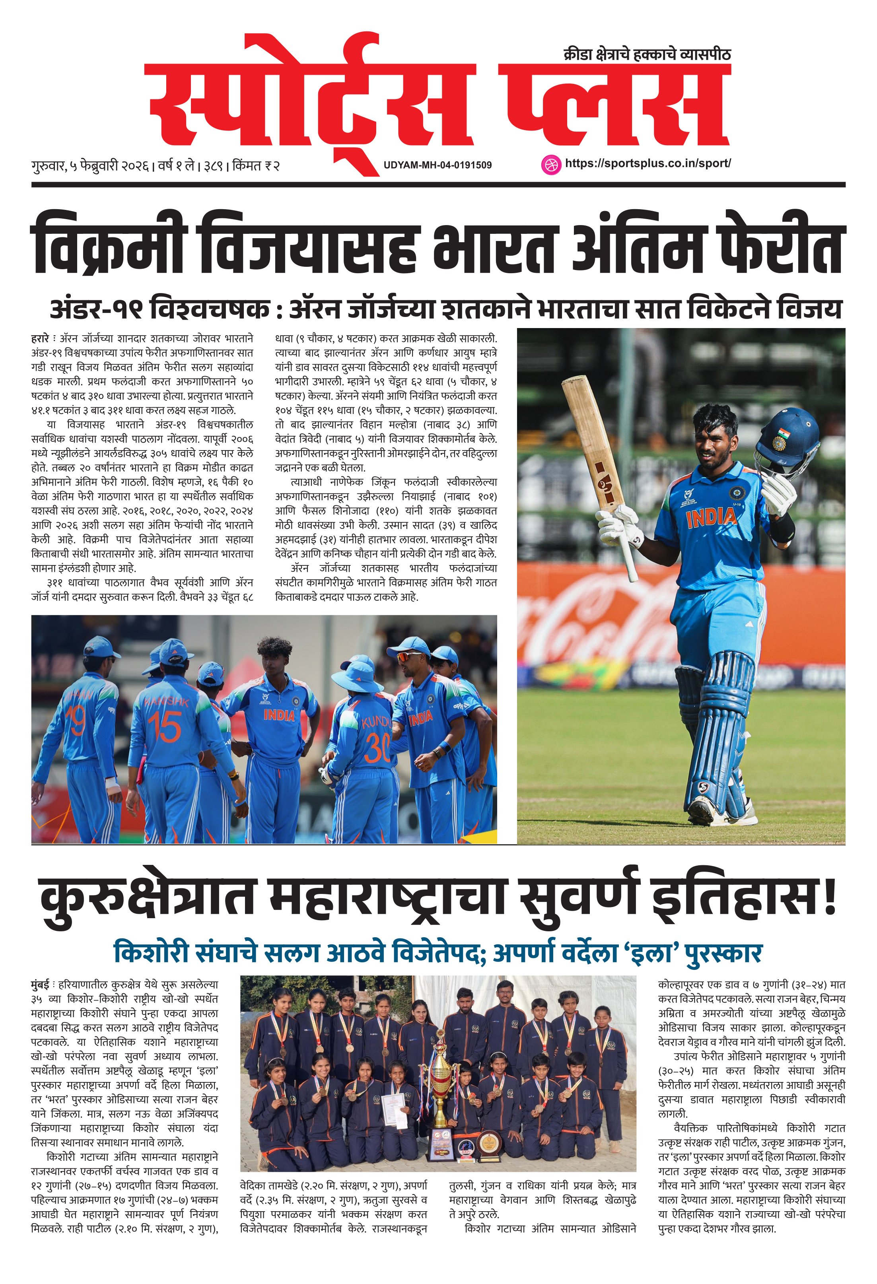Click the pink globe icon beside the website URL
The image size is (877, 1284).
550,165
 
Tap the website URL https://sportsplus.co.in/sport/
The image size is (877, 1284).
648,163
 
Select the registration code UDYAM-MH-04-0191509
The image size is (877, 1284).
437,165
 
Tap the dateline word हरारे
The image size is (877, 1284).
40,338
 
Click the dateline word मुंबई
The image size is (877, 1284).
40,985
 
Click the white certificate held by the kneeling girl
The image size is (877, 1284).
395,1110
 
